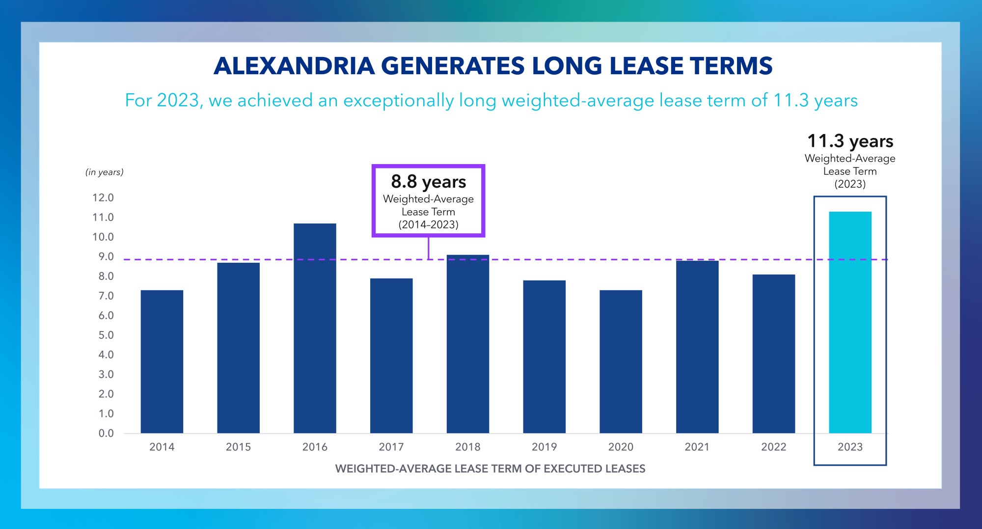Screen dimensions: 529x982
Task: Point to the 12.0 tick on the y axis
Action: (103, 197)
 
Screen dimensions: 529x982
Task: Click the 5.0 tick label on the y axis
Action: (106, 335)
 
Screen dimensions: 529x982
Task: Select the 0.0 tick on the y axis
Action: (106, 433)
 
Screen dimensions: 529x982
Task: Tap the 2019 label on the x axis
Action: (544, 447)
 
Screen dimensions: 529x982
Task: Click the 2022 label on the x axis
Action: (773, 447)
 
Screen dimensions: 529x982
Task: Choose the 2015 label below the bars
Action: (238, 447)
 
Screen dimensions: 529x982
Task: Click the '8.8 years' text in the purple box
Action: (428, 182)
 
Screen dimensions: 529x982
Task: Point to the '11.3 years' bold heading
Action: (850, 141)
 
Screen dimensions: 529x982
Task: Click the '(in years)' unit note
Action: (105, 172)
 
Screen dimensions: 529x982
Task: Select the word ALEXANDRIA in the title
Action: (294, 66)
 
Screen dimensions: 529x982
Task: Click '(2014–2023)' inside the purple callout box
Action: (428, 225)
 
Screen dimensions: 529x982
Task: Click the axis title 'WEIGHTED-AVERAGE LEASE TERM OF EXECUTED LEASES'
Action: (490, 469)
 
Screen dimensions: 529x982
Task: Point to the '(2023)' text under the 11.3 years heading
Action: (850, 184)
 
